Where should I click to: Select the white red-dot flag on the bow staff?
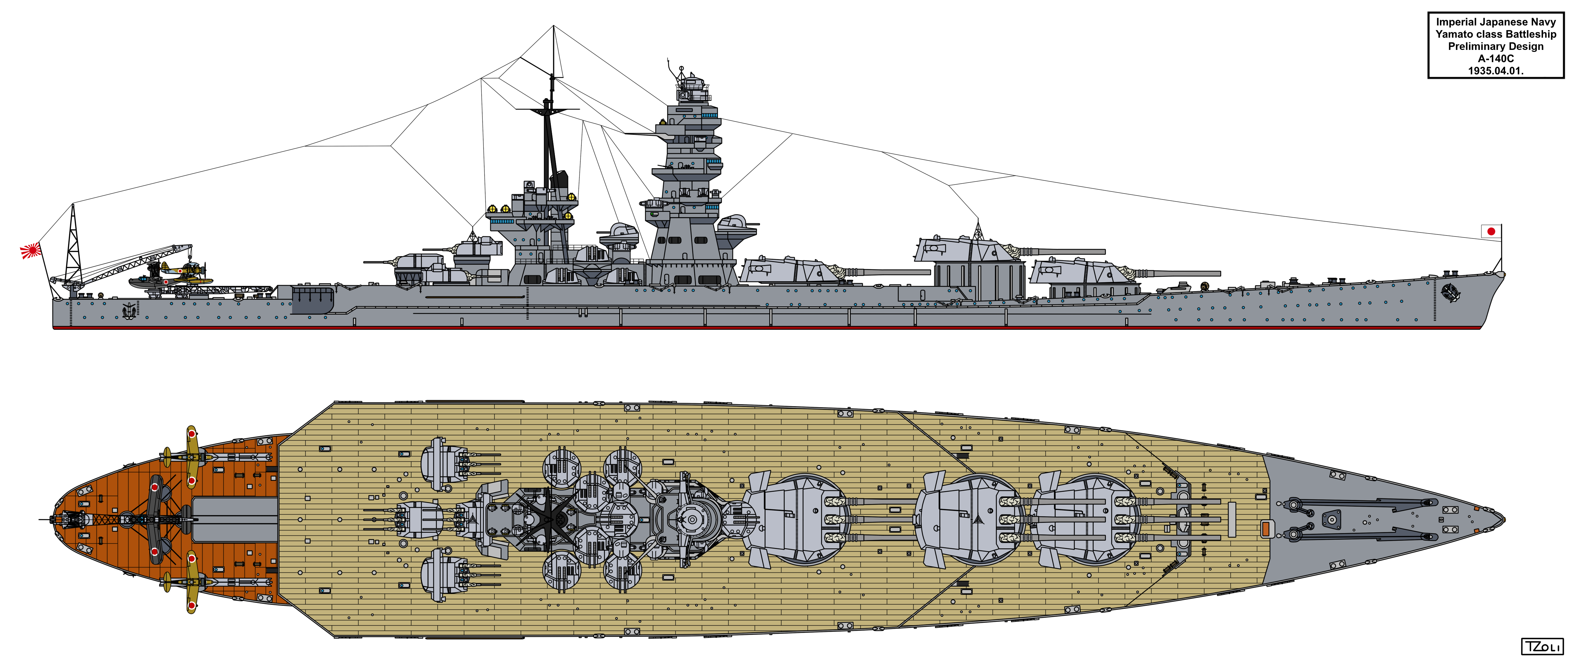[1491, 232]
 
